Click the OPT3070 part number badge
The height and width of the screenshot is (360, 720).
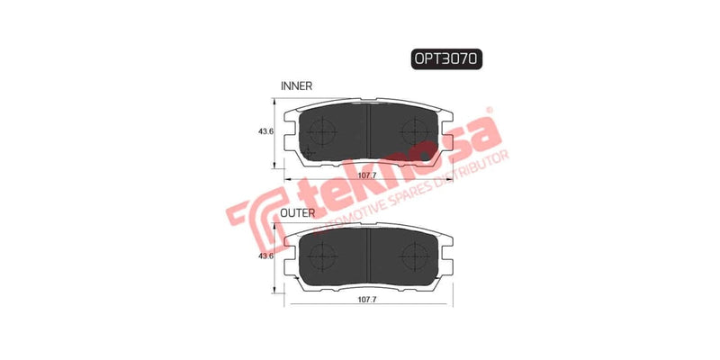point(447,59)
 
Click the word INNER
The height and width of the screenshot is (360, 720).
point(296,86)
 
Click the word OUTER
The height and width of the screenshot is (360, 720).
point(297,213)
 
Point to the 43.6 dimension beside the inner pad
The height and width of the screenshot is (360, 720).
point(265,133)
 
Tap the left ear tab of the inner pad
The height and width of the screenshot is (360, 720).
point(288,144)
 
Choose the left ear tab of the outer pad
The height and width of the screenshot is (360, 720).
point(288,267)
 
